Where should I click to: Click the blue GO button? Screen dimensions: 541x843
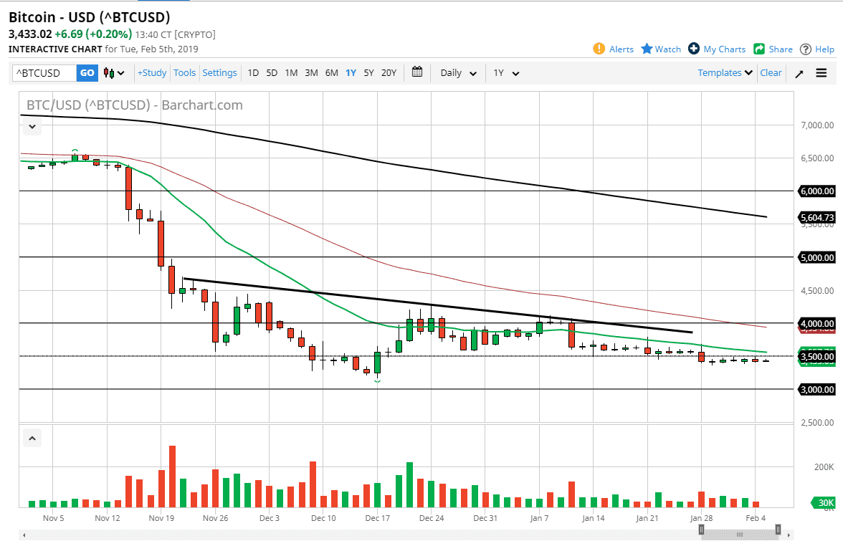87,72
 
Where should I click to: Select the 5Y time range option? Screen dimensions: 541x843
368,72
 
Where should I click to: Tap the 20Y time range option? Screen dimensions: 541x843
389,72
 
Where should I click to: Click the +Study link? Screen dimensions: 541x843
152,72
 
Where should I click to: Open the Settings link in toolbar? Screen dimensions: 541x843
219,72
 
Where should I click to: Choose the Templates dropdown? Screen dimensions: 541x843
725,72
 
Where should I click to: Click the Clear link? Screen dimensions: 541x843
771,72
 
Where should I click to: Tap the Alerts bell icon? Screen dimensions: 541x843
599,49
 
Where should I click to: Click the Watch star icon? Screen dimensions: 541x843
647,49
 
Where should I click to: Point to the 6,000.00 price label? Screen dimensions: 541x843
817,191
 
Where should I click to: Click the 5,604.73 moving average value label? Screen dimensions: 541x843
817,217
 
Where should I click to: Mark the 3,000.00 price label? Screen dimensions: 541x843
817,389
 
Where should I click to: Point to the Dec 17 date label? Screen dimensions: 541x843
377,517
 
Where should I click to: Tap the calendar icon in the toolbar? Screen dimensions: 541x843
417,72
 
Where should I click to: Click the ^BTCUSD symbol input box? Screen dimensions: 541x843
44,72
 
